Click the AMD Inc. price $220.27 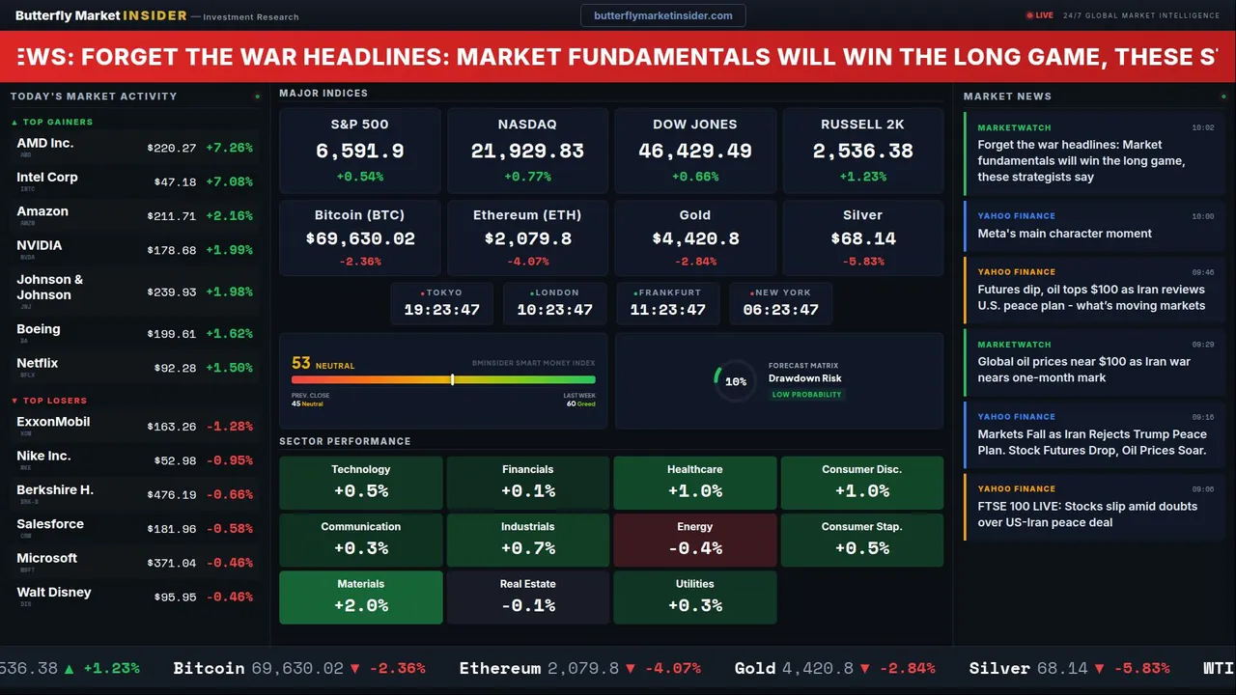click(172, 148)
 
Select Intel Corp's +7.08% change click(229, 181)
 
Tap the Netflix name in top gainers click(38, 363)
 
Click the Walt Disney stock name click(54, 592)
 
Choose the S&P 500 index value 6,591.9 click(359, 151)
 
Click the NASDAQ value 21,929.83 click(527, 151)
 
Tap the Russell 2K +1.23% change click(862, 177)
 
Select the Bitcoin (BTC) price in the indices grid click(359, 237)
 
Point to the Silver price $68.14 click(862, 237)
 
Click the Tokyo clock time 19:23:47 click(441, 310)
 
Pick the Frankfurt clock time click(667, 310)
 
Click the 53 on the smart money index click(301, 363)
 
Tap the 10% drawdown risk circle click(735, 381)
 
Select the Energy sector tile click(694, 539)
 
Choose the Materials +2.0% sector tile click(360, 597)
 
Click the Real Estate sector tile click(527, 597)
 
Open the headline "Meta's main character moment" click(1064, 234)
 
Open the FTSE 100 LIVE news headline click(1086, 514)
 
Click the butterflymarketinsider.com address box click(662, 15)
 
